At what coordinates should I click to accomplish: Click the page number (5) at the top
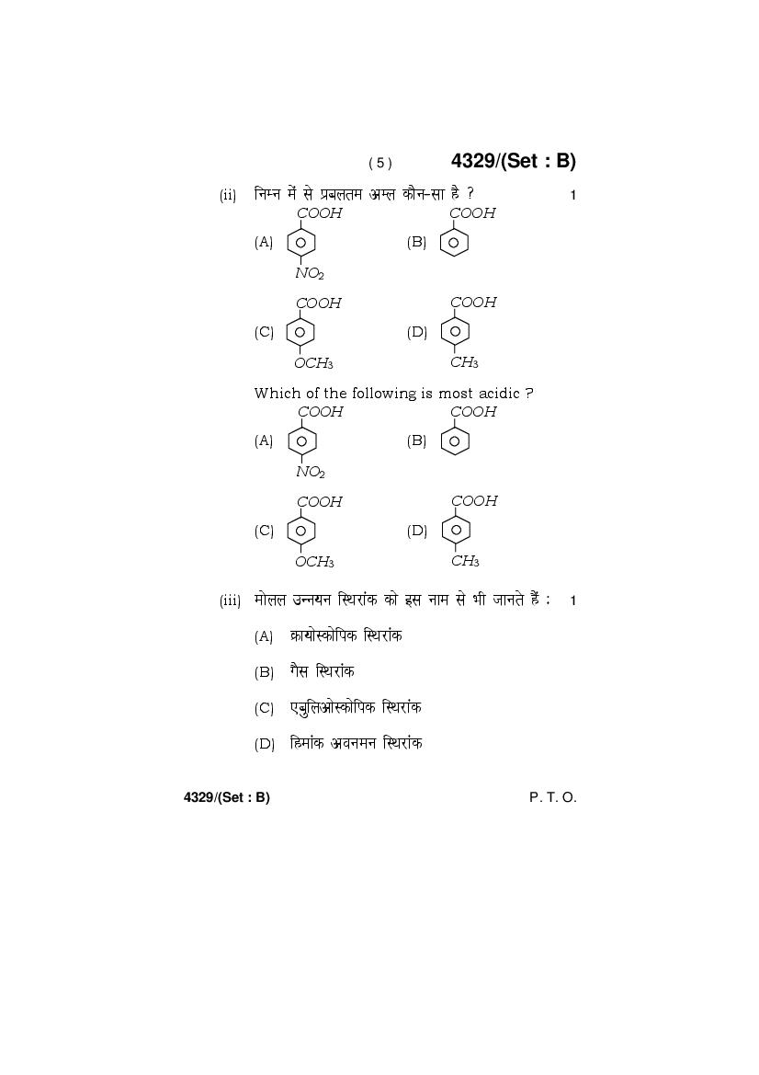pos(380,163)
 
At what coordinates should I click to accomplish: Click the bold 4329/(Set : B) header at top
pos(513,161)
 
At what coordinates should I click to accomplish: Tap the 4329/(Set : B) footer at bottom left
pos(227,797)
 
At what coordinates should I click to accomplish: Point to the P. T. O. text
pos(553,797)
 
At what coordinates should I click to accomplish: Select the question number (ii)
pos(228,195)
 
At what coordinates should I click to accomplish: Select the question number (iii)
pos(230,601)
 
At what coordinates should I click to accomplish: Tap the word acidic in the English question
pos(499,394)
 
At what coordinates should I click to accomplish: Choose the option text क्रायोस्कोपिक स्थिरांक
pos(346,635)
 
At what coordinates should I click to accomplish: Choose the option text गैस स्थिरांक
pos(322,671)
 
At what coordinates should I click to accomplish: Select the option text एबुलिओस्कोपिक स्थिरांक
pos(356,707)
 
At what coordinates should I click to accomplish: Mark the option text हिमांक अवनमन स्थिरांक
pos(357,742)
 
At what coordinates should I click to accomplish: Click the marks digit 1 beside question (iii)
pos(573,601)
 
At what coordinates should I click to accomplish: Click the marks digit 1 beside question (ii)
pos(573,195)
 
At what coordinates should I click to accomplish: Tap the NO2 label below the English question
pos(311,472)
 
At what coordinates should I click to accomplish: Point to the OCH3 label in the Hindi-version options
pos(313,362)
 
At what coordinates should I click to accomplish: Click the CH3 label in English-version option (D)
pos(465,561)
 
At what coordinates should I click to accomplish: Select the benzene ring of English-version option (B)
pos(455,440)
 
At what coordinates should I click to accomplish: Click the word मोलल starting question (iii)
pos(270,600)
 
